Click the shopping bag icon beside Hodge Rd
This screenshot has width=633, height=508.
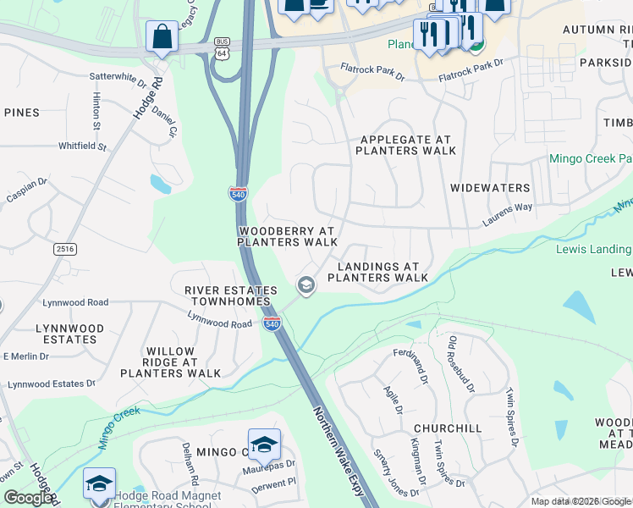pyautogui.click(x=162, y=37)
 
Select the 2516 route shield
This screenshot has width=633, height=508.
pyautogui.click(x=65, y=248)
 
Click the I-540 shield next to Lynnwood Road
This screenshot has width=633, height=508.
pyautogui.click(x=272, y=323)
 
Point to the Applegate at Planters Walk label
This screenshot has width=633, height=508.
pyautogui.click(x=405, y=145)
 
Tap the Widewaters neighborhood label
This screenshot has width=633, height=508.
pyautogui.click(x=490, y=188)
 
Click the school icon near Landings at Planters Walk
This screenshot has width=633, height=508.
pyautogui.click(x=305, y=287)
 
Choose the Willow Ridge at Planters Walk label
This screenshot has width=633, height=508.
pyautogui.click(x=170, y=362)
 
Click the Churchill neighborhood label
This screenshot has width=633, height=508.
pyautogui.click(x=448, y=428)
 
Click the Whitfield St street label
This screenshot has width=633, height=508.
pyautogui.click(x=82, y=146)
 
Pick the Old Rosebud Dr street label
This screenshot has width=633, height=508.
pyautogui.click(x=461, y=363)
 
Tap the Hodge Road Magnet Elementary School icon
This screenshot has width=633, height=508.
pyautogui.click(x=99, y=483)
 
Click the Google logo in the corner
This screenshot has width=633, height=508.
pyautogui.click(x=28, y=498)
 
